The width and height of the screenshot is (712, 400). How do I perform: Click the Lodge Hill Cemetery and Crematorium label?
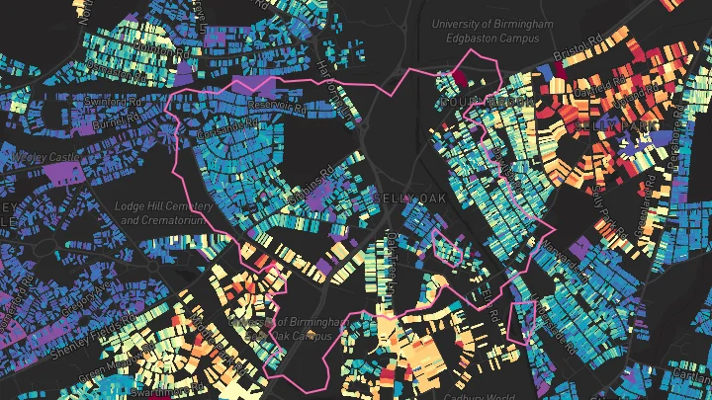tap(165, 212)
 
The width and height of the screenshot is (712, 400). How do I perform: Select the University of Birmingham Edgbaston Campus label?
tap(485, 30)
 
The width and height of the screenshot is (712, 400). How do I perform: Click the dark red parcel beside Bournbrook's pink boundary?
tap(460, 77)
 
